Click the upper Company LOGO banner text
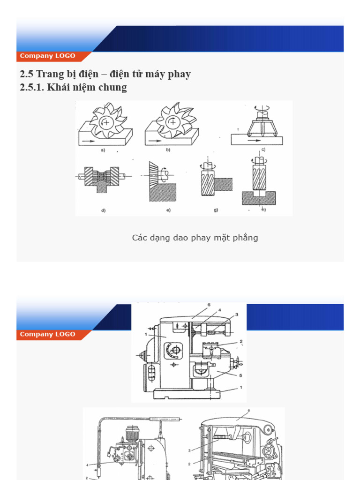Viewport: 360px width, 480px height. point(47,56)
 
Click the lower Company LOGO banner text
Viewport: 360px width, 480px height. point(47,334)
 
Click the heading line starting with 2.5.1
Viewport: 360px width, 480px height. point(74,88)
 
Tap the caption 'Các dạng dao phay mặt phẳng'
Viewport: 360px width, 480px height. point(195,238)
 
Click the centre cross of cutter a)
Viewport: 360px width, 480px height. point(107,122)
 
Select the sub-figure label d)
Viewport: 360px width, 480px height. point(103,210)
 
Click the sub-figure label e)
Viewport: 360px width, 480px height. point(167,210)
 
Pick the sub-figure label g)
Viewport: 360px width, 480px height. point(216,210)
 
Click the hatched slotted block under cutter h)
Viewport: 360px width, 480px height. point(258,198)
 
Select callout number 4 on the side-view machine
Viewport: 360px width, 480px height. point(218,310)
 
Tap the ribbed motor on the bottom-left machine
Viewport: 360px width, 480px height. point(133,434)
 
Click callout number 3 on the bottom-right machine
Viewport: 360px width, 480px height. point(190,450)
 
